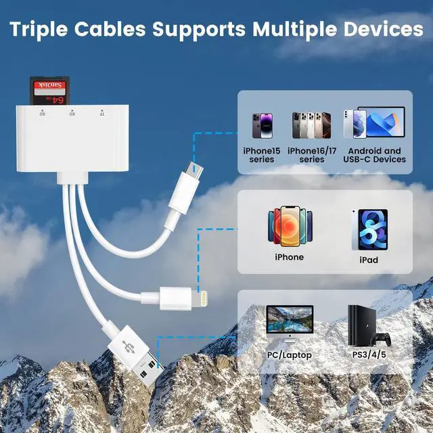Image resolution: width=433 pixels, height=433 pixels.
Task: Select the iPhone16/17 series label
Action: tap(311, 155)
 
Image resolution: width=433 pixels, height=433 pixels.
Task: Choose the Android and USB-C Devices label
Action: tap(374, 155)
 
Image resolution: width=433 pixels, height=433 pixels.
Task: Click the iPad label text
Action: tap(369, 260)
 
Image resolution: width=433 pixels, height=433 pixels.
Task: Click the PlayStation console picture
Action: tap(359, 324)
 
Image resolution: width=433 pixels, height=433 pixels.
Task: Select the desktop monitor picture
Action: tap(289, 321)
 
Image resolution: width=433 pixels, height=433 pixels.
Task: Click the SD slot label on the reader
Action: tap(42, 113)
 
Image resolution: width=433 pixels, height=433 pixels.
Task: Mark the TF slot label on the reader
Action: tap(101, 113)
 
